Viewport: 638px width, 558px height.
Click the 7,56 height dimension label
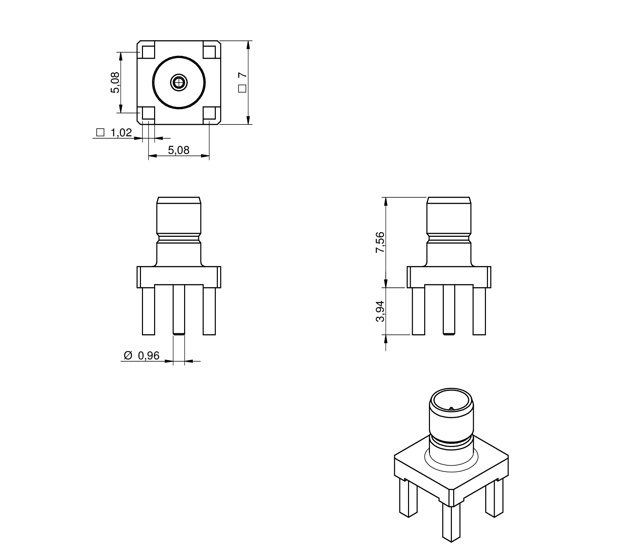click(380, 242)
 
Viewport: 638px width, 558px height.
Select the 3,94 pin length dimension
click(380, 311)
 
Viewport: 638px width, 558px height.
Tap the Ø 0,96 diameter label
click(142, 355)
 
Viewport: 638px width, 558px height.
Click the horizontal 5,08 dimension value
click(179, 150)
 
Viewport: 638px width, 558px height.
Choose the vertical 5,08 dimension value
click(115, 83)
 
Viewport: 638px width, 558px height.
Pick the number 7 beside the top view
click(242, 75)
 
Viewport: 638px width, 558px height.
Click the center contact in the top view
click(179, 82)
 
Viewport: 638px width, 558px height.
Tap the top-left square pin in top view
click(148, 52)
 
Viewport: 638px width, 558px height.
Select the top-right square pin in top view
click(209, 52)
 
